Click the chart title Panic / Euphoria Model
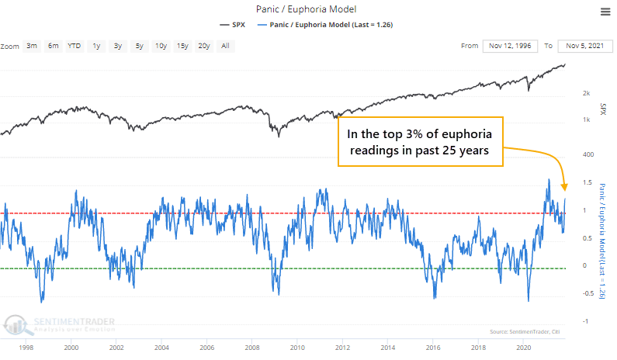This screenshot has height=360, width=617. click(x=307, y=10)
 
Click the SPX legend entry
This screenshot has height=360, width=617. click(x=237, y=25)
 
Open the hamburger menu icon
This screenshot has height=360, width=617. click(x=605, y=11)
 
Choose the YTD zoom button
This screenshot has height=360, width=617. click(x=74, y=47)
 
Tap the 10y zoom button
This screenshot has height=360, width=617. click(x=160, y=47)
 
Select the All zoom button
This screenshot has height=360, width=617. click(x=224, y=47)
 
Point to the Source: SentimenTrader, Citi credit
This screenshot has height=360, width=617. click(x=525, y=332)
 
